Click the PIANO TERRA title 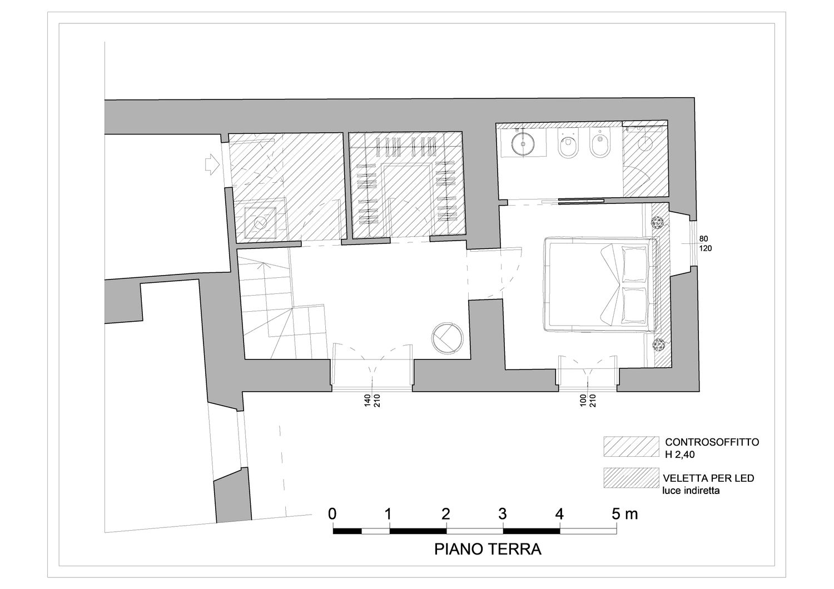[488, 549]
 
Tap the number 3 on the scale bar [503, 514]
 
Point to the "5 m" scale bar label [625, 514]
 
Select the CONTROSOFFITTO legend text [712, 442]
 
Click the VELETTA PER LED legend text [708, 478]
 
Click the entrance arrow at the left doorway [211, 164]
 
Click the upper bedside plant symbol [658, 222]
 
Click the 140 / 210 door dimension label [372, 401]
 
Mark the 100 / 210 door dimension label [588, 401]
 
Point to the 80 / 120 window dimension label [706, 243]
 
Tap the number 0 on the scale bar [332, 514]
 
